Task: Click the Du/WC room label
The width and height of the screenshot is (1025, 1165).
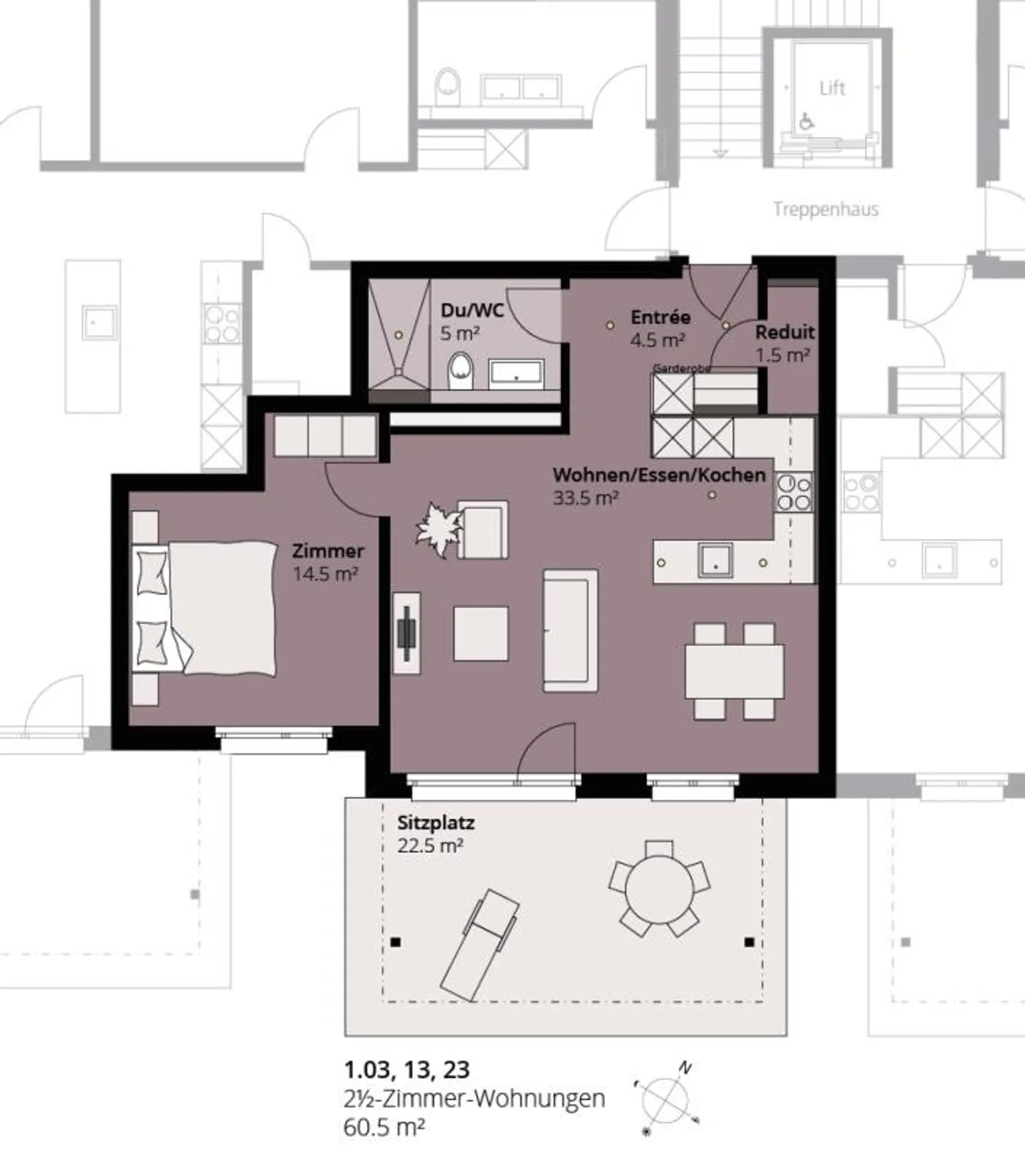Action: click(x=472, y=310)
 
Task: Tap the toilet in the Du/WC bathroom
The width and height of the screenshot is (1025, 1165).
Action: click(x=461, y=371)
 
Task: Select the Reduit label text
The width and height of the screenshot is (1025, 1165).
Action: click(x=784, y=332)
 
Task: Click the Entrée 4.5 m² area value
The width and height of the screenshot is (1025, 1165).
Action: click(x=657, y=340)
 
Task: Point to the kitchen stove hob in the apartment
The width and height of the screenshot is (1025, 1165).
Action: click(x=794, y=492)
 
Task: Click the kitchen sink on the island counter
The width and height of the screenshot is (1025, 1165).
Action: click(x=714, y=560)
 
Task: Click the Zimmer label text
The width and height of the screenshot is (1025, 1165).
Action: click(x=328, y=550)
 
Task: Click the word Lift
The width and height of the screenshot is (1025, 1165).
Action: click(x=831, y=88)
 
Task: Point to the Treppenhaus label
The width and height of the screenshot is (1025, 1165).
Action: click(x=826, y=209)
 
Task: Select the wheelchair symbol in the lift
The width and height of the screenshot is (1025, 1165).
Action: click(x=806, y=122)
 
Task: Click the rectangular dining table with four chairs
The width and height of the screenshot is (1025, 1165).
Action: click(x=735, y=672)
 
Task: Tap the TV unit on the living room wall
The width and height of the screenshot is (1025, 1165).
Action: click(x=406, y=632)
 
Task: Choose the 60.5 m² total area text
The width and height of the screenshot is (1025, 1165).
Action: click(x=384, y=1128)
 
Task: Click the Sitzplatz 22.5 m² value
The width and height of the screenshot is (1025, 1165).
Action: click(x=431, y=846)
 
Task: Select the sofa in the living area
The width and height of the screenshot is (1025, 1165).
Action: click(x=570, y=630)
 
